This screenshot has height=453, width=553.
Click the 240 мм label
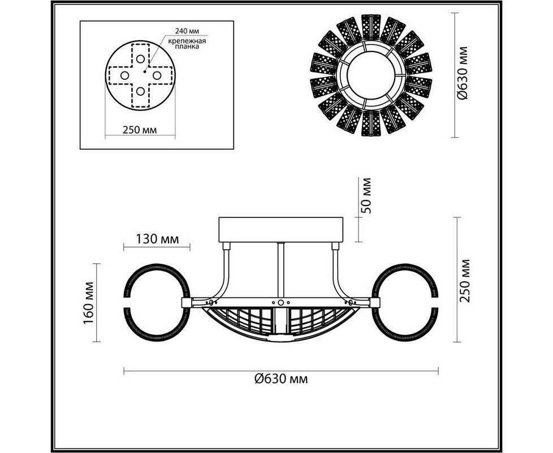coord(187,31)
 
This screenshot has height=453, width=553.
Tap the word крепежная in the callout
coord(187,41)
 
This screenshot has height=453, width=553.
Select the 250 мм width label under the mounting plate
coord(140,130)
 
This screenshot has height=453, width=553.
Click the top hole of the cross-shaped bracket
coord(140,59)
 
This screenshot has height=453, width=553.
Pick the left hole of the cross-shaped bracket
coord(124,75)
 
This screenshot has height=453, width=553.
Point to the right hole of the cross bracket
coord(157,75)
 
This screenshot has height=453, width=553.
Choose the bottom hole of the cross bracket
coord(140,91)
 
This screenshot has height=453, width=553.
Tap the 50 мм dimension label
coord(366,195)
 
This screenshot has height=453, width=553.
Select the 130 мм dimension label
coord(157,239)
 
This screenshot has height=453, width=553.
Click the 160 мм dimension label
coord(88,303)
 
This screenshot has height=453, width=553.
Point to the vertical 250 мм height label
coord(465,280)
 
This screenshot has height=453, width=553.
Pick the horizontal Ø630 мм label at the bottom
coord(281,379)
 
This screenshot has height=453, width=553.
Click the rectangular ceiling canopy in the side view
coord(280,230)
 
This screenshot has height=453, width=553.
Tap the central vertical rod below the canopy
coord(280,271)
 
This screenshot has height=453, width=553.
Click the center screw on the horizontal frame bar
coord(280,302)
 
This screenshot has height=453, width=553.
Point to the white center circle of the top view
coord(371,75)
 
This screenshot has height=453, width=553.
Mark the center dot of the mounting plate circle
coord(145,72)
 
